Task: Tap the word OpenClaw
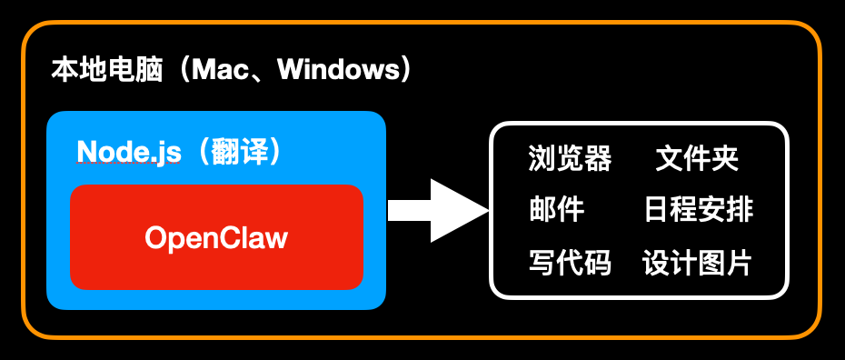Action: tap(216, 238)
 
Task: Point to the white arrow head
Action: tap(459, 210)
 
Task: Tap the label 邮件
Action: tap(556, 210)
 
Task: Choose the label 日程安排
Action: tap(698, 210)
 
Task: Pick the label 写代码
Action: tap(570, 263)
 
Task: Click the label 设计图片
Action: tap(698, 263)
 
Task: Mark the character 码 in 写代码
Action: tap(598, 263)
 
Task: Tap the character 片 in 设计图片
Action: tap(740, 263)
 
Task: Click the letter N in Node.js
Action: tap(87, 151)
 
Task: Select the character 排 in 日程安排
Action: tap(740, 210)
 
